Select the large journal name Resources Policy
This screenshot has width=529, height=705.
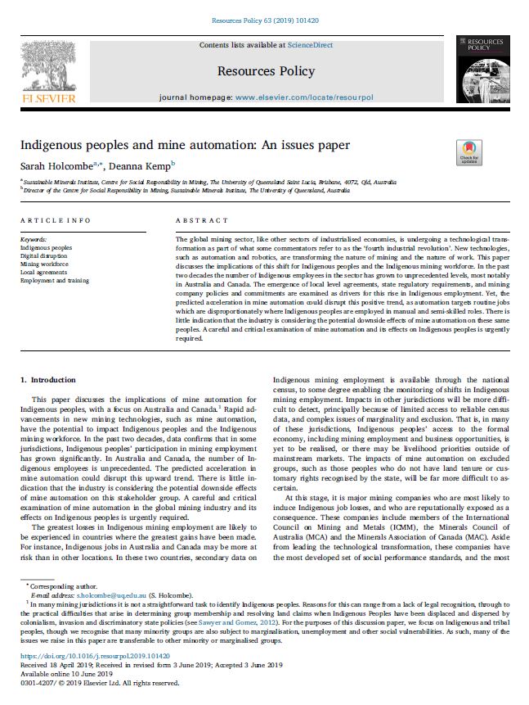pyautogui.click(x=265, y=71)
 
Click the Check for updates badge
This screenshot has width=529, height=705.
pyautogui.click(x=468, y=153)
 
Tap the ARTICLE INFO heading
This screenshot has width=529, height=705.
pyautogui.click(x=55, y=221)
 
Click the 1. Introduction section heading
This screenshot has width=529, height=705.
pyautogui.click(x=47, y=380)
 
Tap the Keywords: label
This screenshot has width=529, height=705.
pyautogui.click(x=33, y=238)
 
